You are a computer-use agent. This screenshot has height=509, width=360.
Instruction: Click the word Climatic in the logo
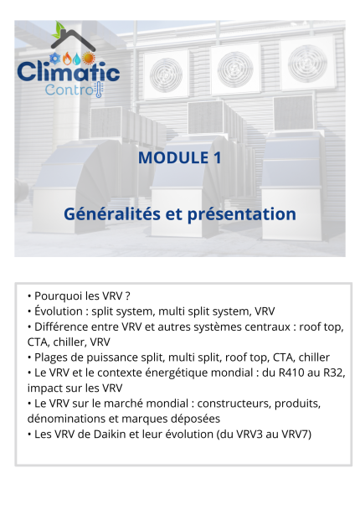click(69, 72)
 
